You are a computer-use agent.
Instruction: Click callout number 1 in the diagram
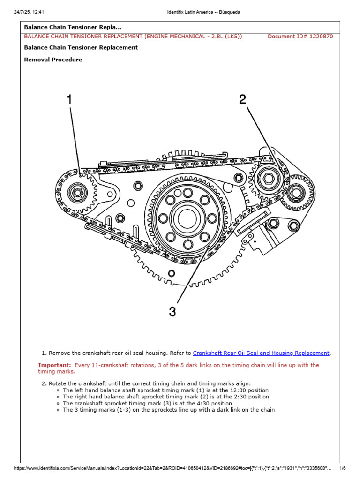pyautogui.click(x=69, y=99)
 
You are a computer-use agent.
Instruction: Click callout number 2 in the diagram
pyautogui.click(x=242, y=99)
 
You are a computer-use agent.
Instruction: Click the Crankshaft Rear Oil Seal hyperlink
pyautogui.click(x=261, y=353)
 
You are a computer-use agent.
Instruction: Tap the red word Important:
pyautogui.click(x=55, y=365)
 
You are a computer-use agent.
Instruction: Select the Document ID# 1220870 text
pyautogui.click(x=300, y=37)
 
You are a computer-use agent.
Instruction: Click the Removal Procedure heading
pyautogui.click(x=53, y=60)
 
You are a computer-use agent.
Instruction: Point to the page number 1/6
pyautogui.click(x=342, y=468)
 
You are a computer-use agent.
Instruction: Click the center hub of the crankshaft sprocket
pyautogui.click(x=187, y=217)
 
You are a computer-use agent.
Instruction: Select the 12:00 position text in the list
pyautogui.click(x=250, y=390)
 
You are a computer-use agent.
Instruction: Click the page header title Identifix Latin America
pyautogui.click(x=203, y=12)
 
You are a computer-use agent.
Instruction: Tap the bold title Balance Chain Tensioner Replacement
pyautogui.click(x=81, y=47)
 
